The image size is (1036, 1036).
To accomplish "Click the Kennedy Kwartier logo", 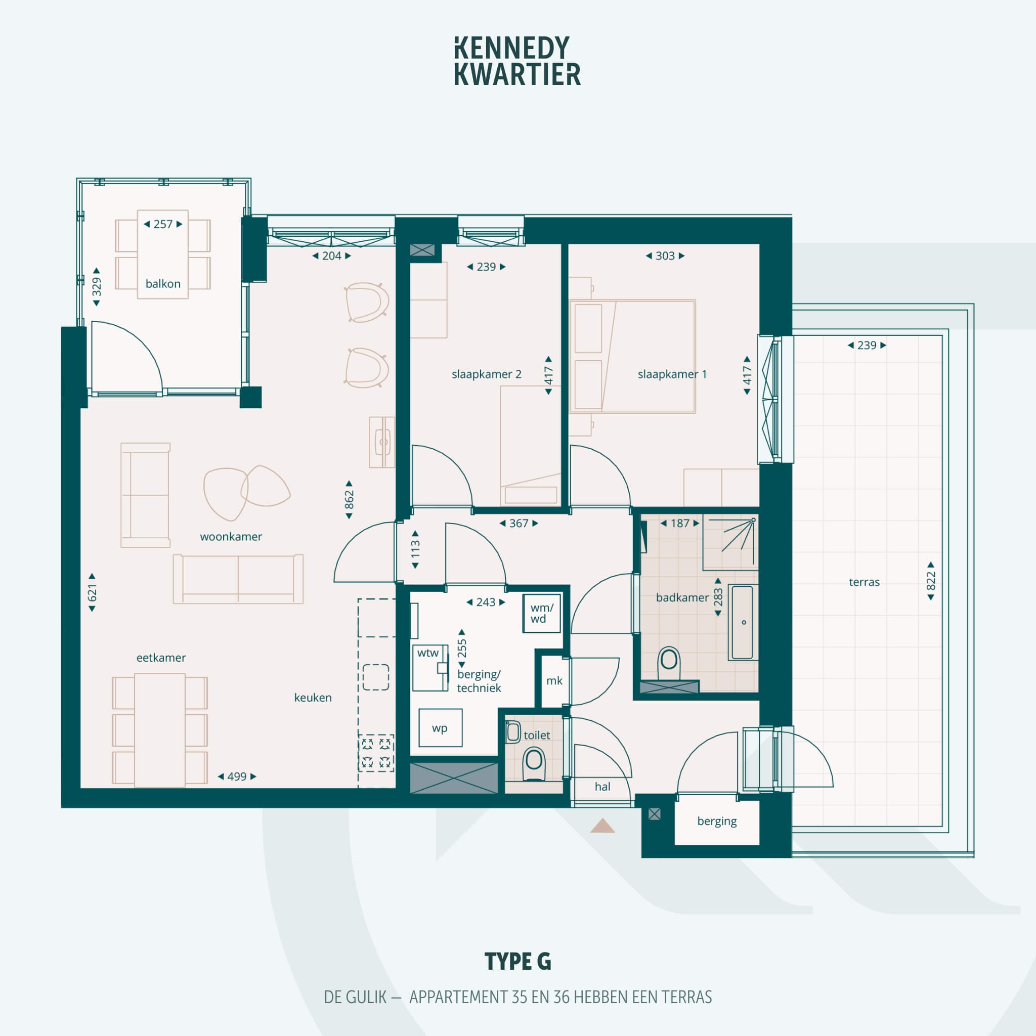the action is (x=517, y=61).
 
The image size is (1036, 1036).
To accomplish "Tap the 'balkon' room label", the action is (x=163, y=284).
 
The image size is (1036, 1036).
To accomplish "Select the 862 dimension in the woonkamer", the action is (x=349, y=500).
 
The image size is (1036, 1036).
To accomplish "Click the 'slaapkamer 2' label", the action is (x=486, y=374).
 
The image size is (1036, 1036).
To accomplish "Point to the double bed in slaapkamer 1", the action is (x=632, y=357).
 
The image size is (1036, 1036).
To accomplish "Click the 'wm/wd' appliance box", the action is (x=542, y=613).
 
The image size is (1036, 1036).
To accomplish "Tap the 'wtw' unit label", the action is (x=428, y=653).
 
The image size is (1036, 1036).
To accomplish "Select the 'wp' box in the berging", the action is (x=440, y=727).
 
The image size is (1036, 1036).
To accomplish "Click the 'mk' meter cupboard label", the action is (x=554, y=680).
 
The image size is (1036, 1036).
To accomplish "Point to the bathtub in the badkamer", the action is (x=743, y=622).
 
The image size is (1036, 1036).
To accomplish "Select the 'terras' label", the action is (x=865, y=582).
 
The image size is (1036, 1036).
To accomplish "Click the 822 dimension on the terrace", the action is (x=931, y=581).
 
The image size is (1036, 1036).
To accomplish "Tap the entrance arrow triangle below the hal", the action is (x=602, y=825).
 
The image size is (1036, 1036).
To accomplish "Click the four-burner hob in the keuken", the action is (x=376, y=753).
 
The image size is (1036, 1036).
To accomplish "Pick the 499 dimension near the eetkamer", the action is (x=237, y=776).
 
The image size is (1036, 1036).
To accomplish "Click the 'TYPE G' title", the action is (x=518, y=962).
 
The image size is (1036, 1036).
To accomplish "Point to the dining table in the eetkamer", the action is (x=160, y=730).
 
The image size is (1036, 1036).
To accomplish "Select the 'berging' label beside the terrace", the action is (x=717, y=821).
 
